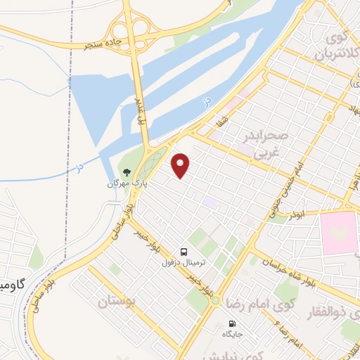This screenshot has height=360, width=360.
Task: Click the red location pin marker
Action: click(181, 165)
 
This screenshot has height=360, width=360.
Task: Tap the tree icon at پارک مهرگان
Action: click(126, 172)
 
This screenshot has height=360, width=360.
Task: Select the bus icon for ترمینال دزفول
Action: click(184, 251)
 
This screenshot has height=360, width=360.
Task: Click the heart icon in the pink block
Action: click(340, 231)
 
